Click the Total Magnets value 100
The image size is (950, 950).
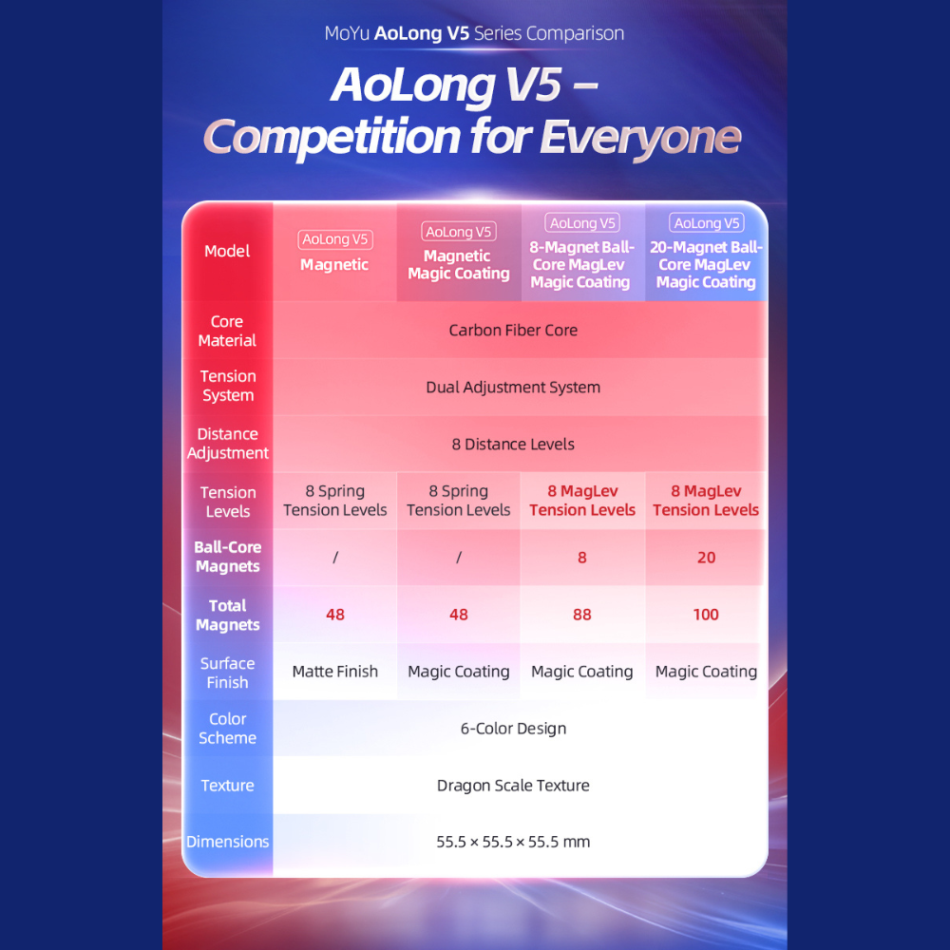pos(706,615)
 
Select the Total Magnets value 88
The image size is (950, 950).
pos(581,615)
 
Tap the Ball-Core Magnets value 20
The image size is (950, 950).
pos(706,558)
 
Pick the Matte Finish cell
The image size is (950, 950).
pos(335,672)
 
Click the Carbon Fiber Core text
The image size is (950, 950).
pos(513,331)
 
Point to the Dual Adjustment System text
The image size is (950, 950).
pos(513,388)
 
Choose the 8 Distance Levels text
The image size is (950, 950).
pos(513,444)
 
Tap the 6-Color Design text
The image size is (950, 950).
pos(513,729)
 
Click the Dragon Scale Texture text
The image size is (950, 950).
pos(513,786)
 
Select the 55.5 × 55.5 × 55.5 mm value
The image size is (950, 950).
pos(513,842)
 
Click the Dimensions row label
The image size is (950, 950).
pos(227,842)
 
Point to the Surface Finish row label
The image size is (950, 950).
pos(227,673)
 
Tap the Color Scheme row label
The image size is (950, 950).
pos(227,729)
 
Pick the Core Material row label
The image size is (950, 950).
pos(227,331)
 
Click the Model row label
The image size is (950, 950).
pos(227,251)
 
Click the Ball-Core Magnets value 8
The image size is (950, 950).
pos(581,558)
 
